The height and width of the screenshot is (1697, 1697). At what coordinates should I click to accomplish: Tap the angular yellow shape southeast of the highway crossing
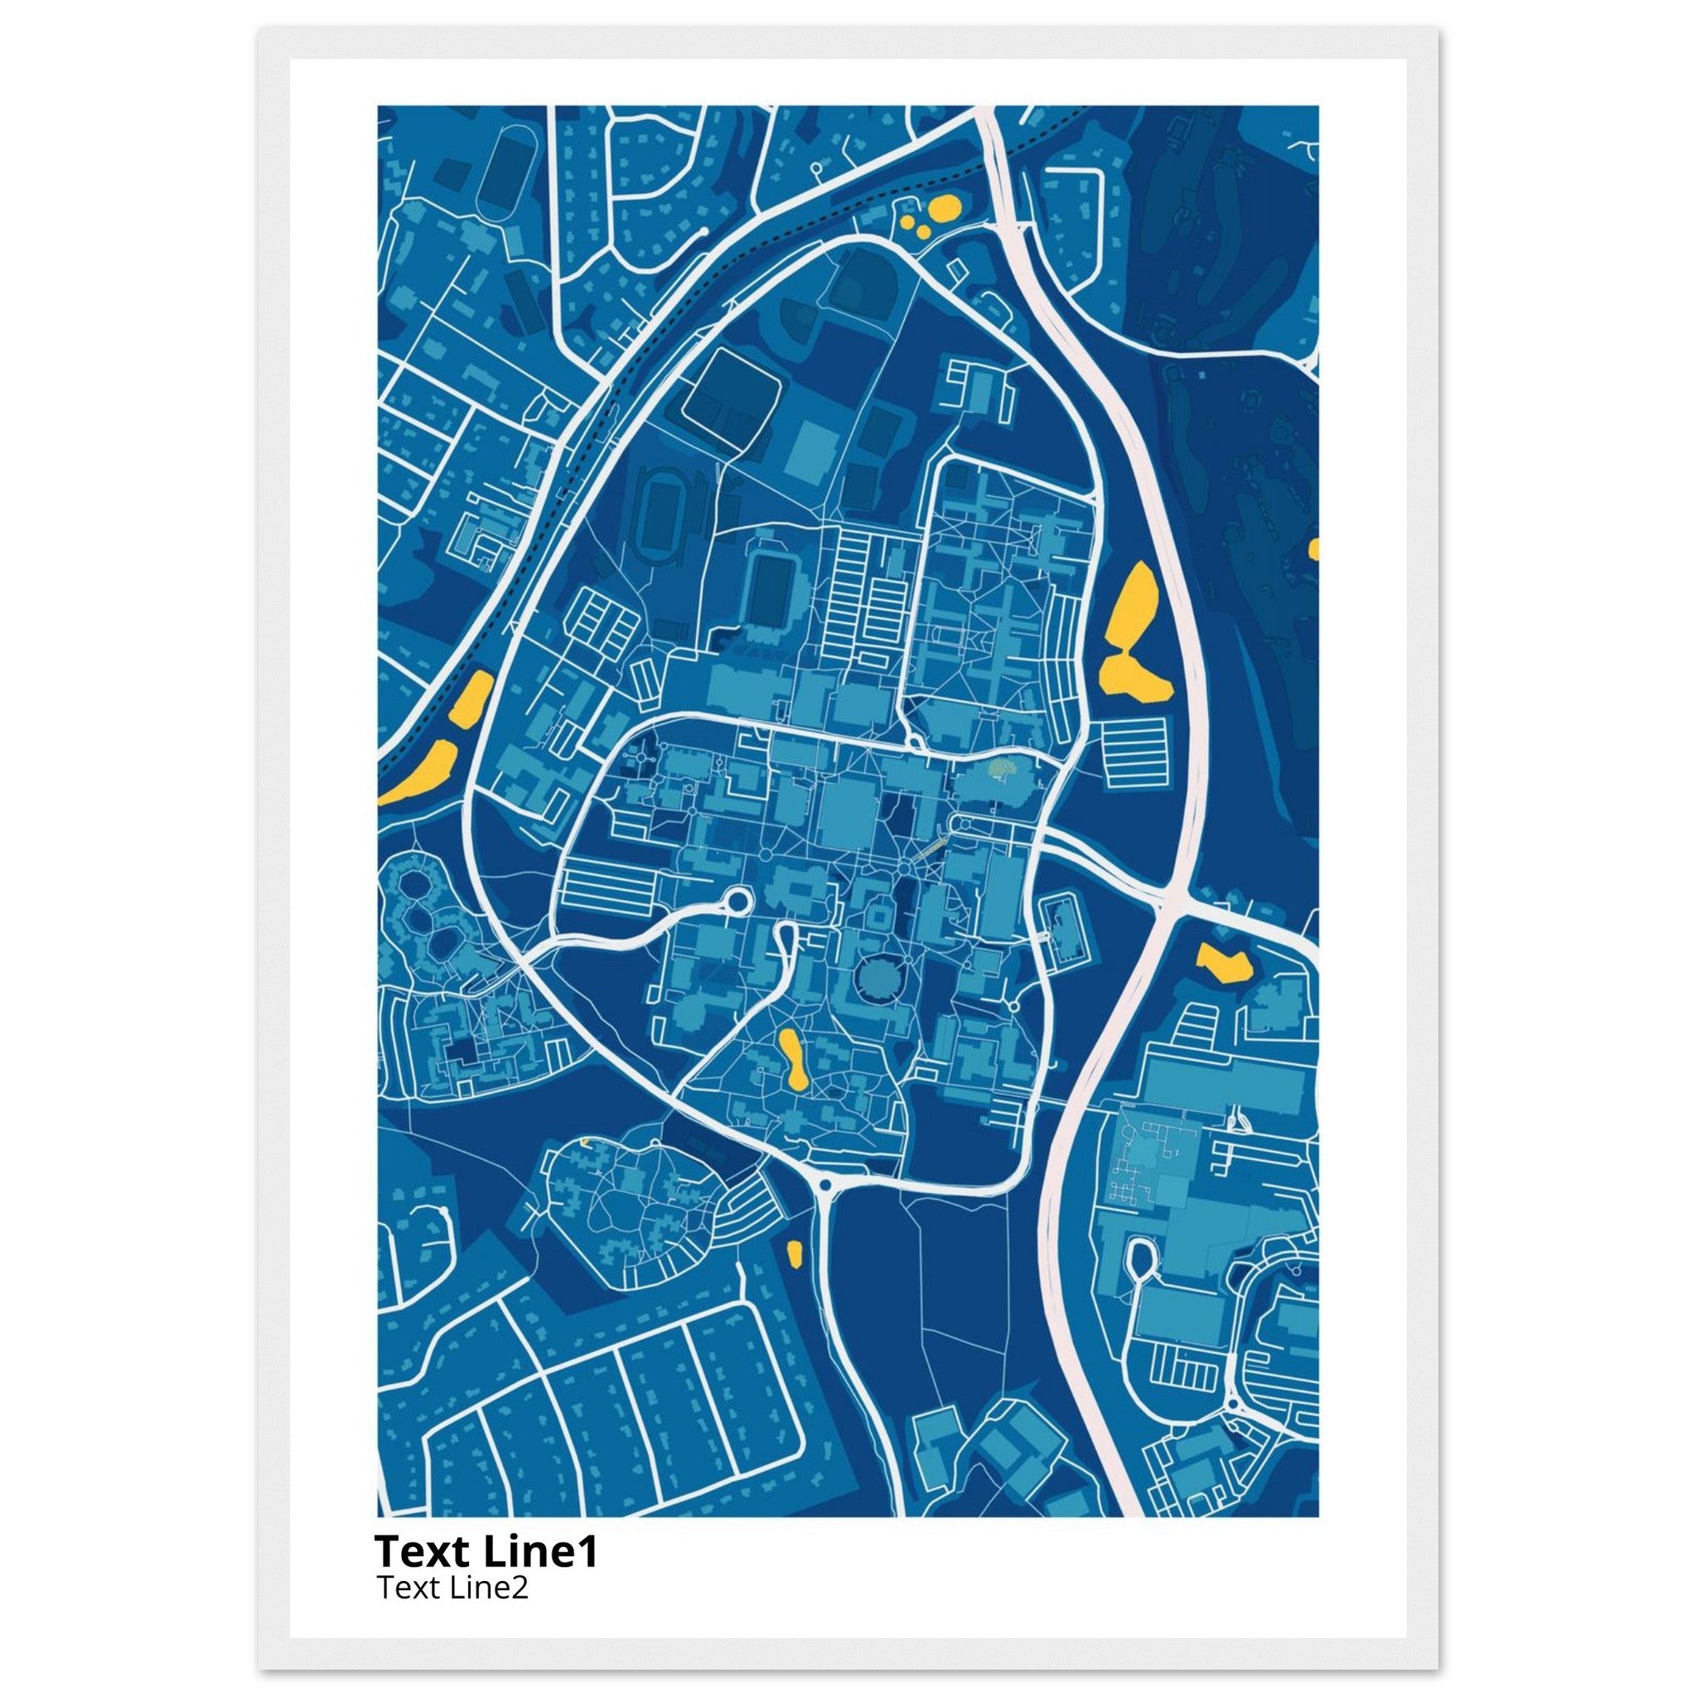[x=1224, y=963]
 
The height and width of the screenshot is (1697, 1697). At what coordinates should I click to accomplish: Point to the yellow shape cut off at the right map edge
[x=1314, y=549]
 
